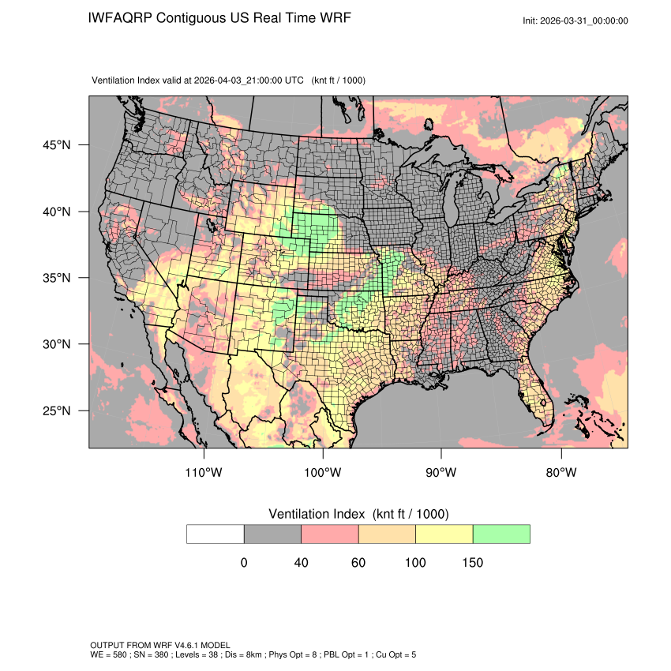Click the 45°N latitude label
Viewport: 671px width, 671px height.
pyautogui.click(x=58, y=145)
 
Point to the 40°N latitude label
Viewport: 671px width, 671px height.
pyautogui.click(x=58, y=212)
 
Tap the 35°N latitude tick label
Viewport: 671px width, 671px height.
pyautogui.click(x=58, y=278)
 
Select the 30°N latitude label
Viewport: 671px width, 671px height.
pyautogui.click(x=58, y=344)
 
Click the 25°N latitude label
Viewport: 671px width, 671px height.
pyautogui.click(x=58, y=410)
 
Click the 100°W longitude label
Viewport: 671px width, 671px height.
pyautogui.click(x=322, y=473)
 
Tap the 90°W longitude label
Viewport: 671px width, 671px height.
pyautogui.click(x=441, y=473)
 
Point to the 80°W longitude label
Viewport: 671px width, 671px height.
pyautogui.click(x=560, y=473)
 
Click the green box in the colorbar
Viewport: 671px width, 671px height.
pyautogui.click(x=501, y=534)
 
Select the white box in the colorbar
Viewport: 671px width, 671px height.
pyautogui.click(x=216, y=534)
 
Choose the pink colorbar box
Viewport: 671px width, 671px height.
pyautogui.click(x=330, y=534)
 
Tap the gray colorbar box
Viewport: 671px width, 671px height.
pyautogui.click(x=272, y=534)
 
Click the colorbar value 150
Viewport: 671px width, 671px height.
pyautogui.click(x=472, y=563)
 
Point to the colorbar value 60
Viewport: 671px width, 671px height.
pyautogui.click(x=358, y=563)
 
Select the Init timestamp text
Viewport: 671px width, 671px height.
pyautogui.click(x=575, y=21)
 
